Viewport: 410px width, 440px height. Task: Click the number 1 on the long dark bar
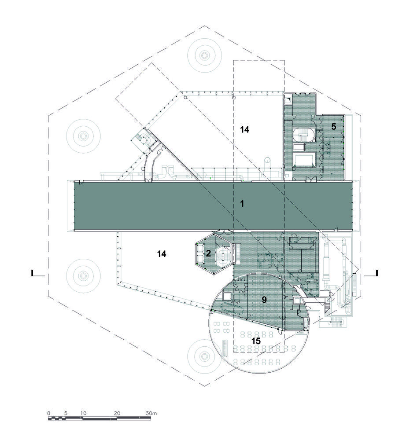tap(242, 204)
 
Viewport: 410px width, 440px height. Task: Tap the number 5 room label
tap(333, 127)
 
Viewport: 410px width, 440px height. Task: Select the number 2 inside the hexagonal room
tap(208, 253)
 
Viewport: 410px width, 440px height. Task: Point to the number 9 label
tap(264, 300)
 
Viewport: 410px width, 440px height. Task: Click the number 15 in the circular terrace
tap(256, 341)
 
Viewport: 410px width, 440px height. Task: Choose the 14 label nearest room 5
tap(244, 130)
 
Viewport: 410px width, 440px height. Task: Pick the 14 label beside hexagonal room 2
tap(162, 254)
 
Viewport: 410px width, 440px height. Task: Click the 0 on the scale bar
tap(49, 413)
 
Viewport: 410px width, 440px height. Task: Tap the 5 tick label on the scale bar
tap(66, 413)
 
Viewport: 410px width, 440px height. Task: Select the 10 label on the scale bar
tap(83, 413)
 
